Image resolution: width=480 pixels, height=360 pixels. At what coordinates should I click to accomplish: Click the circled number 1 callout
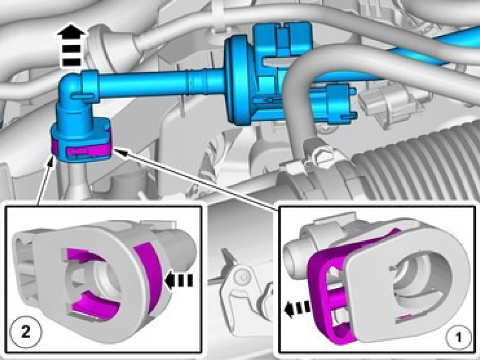(x=458, y=338)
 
